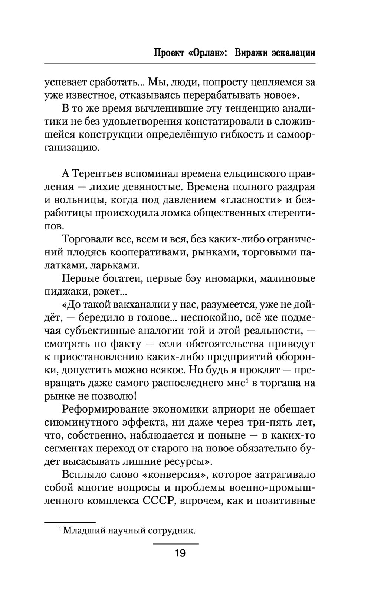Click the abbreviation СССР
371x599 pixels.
pos(159,501)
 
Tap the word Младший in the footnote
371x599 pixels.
pos(83,530)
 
